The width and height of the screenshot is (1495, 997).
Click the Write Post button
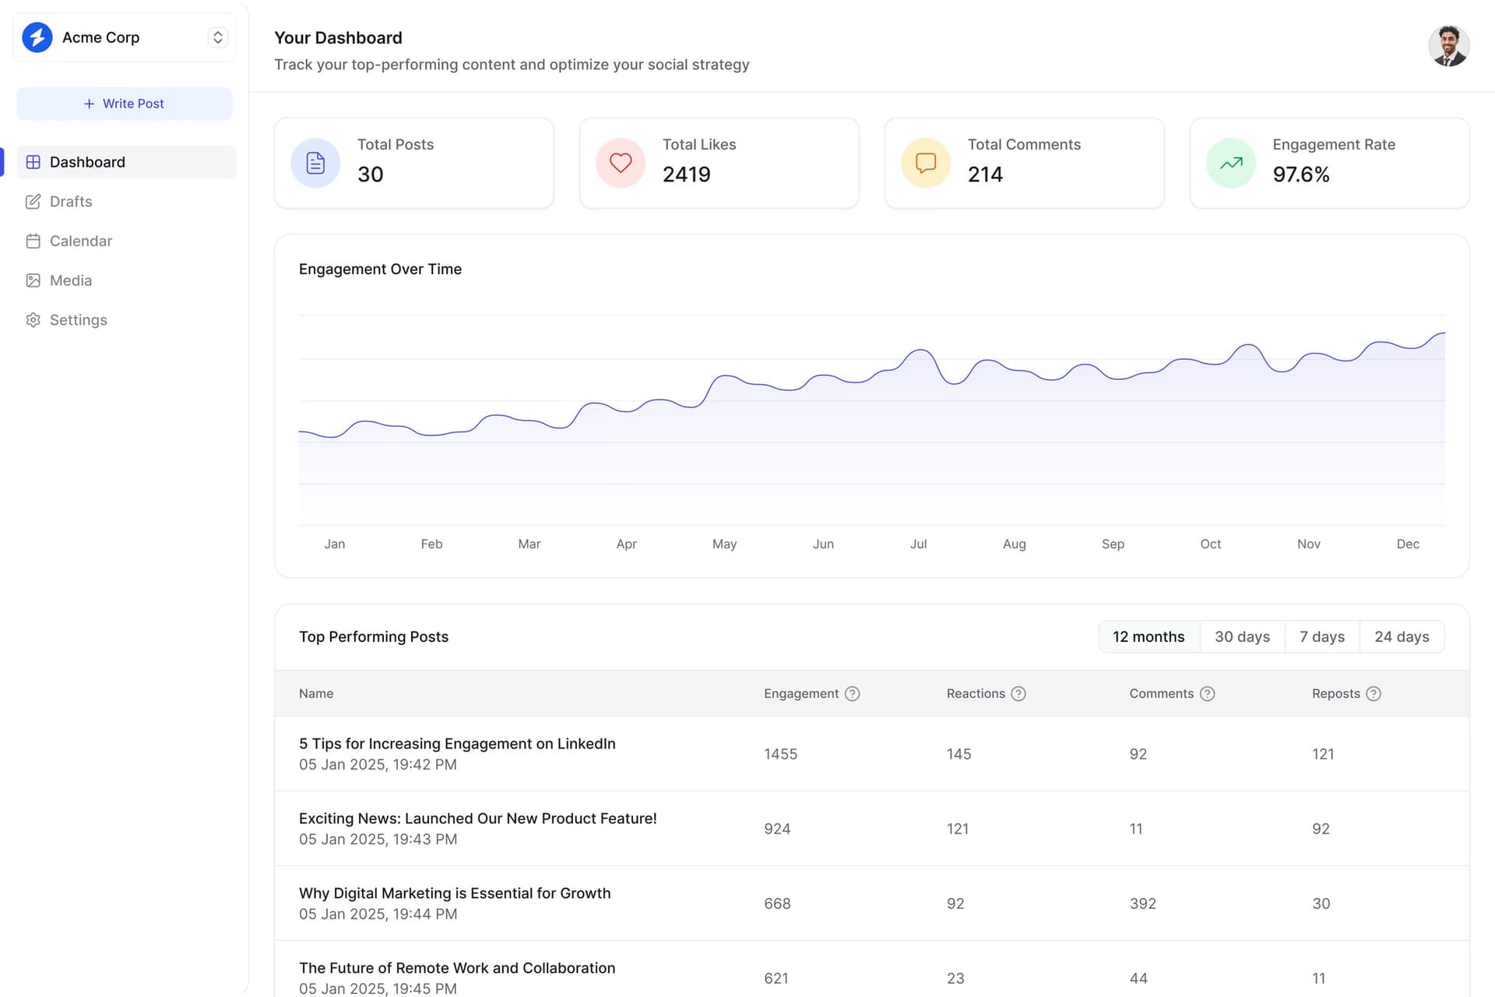[x=125, y=104]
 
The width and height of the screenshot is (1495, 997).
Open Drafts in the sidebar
[x=71, y=202]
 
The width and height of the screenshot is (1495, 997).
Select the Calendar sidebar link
[x=81, y=241]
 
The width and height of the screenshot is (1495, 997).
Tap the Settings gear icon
[x=33, y=320]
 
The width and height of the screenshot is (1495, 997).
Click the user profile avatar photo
[x=1448, y=46]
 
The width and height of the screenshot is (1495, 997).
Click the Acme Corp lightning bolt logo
[x=37, y=37]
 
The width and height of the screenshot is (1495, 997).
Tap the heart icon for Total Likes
[x=621, y=163]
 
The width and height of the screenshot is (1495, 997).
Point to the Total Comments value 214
[x=985, y=174]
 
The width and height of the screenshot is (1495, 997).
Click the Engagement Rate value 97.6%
[x=1301, y=174]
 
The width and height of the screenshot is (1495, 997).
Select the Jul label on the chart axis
[x=919, y=544]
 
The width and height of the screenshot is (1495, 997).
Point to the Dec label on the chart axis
[x=1408, y=544]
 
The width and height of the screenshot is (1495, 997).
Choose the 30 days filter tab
[x=1242, y=637]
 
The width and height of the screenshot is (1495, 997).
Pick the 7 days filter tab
[x=1322, y=637]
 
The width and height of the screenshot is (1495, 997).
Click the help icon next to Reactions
[x=1018, y=694]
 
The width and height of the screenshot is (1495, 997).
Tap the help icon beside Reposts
[x=1374, y=694]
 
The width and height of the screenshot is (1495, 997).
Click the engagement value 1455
[x=780, y=754]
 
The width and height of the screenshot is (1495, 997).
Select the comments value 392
[x=1142, y=904]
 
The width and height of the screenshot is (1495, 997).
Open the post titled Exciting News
[x=478, y=819]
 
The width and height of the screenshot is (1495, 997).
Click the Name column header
[x=316, y=694]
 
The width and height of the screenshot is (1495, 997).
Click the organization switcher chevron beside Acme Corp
[x=218, y=37]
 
